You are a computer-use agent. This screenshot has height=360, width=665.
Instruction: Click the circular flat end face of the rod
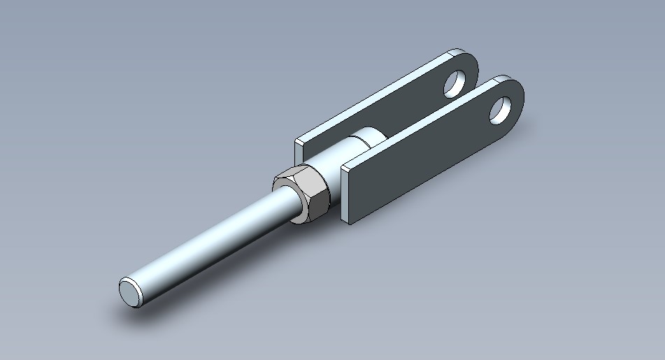click(130, 290)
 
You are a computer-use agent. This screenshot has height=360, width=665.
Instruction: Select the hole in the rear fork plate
click(456, 82)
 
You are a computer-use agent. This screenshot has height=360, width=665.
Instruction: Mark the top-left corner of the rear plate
click(297, 140)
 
